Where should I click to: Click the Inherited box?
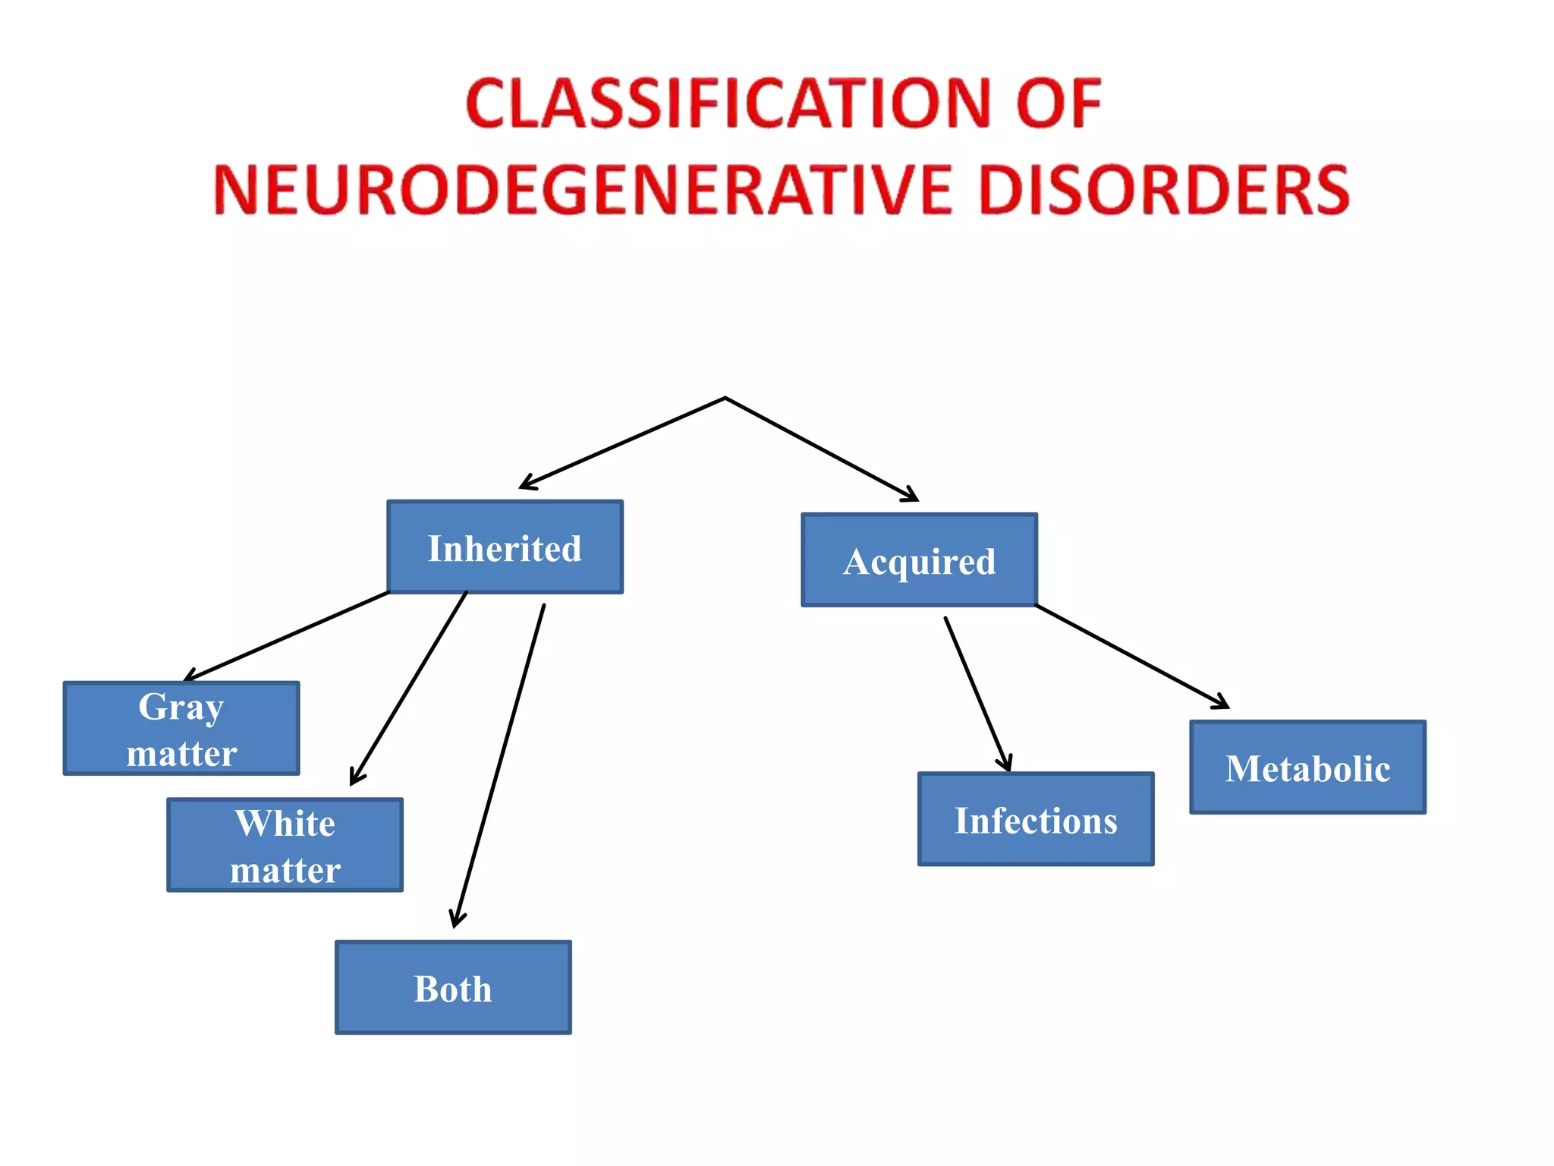click(505, 547)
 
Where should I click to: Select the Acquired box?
click(919, 560)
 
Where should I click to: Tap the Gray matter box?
click(181, 729)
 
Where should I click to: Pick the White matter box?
click(285, 845)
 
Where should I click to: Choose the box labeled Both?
click(453, 988)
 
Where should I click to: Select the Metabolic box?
click(1307, 767)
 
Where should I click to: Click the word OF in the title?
click(1058, 103)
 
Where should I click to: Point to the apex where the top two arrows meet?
click(725, 398)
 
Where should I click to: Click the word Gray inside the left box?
click(181, 707)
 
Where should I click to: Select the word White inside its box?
click(285, 824)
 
